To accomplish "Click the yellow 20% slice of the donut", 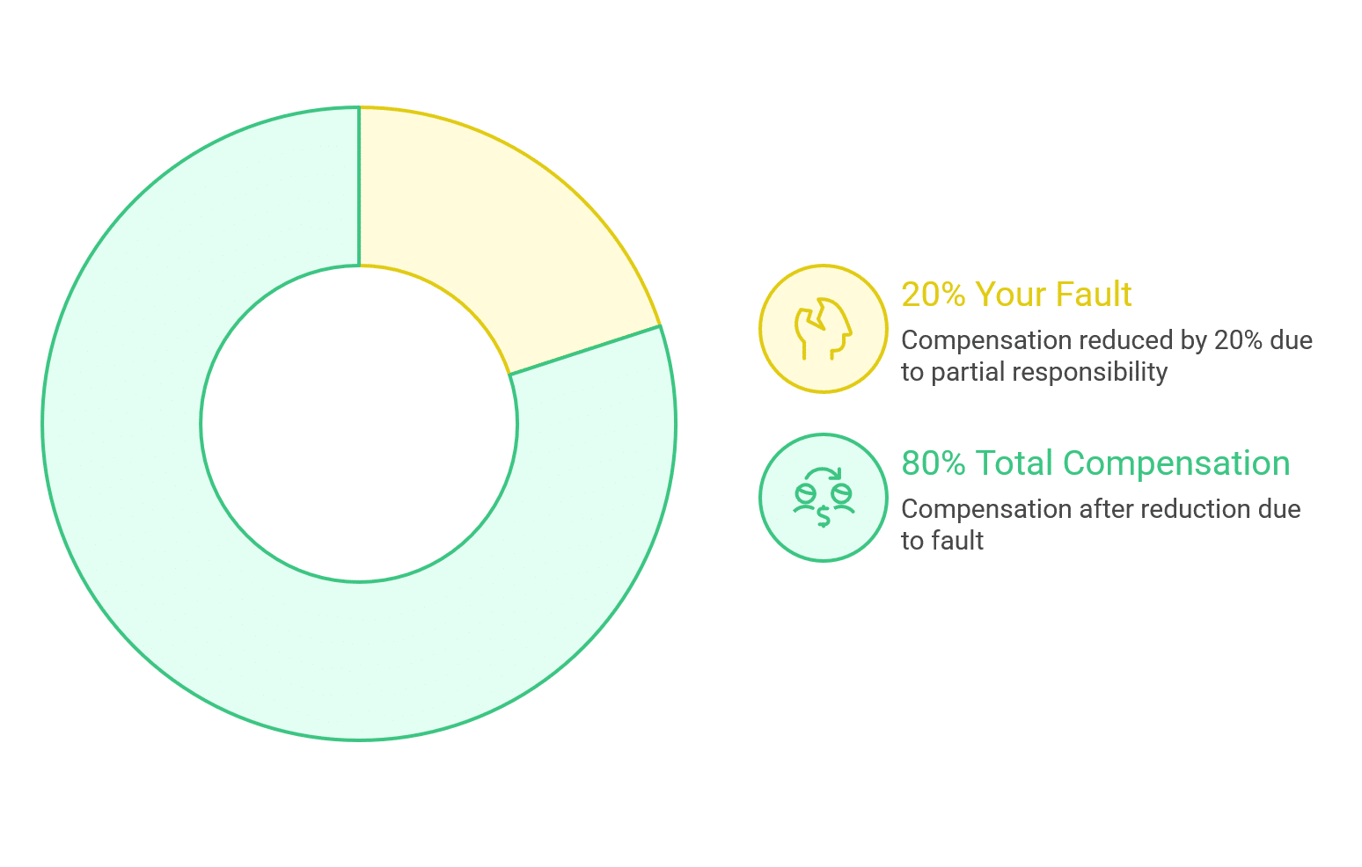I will point(493,229).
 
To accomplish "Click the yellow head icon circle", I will point(824,329).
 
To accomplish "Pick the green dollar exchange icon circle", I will point(824,498).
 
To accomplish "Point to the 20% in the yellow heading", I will point(934,295).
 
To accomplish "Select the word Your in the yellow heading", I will point(1010,295).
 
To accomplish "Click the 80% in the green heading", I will point(934,463).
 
